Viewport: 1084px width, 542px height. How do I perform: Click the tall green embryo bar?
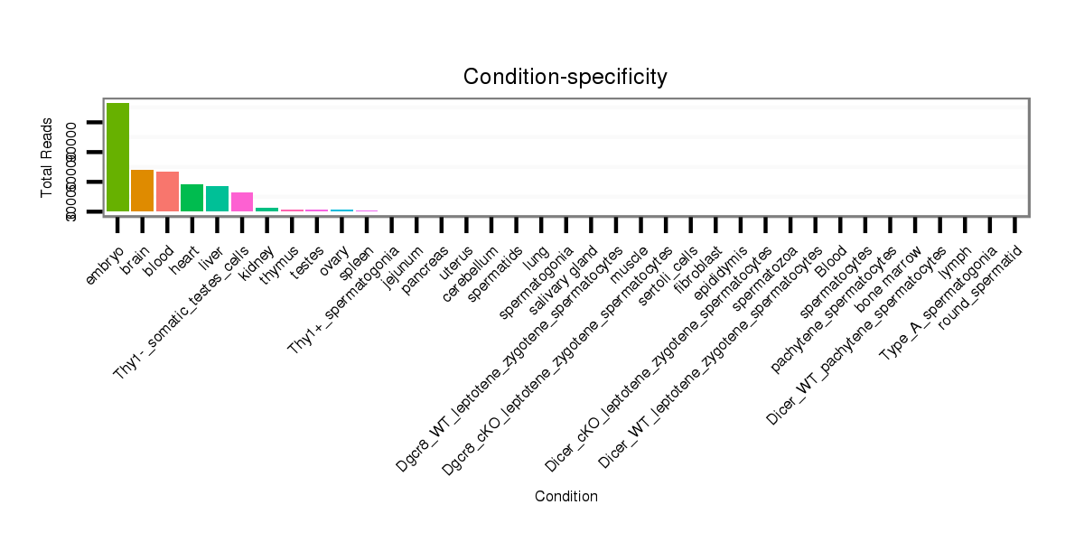(117, 157)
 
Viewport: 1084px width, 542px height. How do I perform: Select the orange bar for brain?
(143, 191)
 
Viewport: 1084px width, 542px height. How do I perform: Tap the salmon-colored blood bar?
(167, 192)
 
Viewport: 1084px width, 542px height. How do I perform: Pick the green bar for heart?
(192, 198)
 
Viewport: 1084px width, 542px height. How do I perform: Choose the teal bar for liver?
(217, 199)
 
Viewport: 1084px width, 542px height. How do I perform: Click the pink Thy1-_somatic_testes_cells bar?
(242, 201)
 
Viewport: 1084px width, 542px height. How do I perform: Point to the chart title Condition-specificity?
(565, 78)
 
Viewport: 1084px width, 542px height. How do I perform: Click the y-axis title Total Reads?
(47, 158)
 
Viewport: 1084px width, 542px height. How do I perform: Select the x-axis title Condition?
(565, 496)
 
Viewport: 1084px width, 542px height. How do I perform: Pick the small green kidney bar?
(266, 210)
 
